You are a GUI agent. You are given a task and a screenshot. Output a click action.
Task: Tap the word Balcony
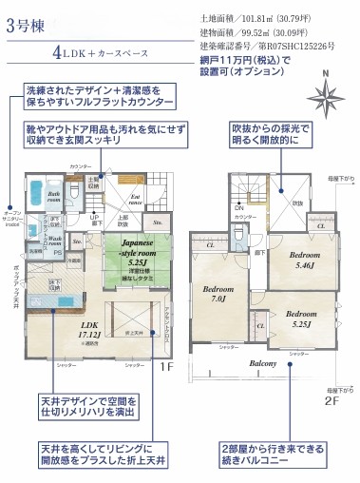(x=263, y=364)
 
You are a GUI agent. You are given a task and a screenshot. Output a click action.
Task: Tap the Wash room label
(x=55, y=242)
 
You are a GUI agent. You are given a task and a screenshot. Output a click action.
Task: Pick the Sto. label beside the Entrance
(x=159, y=224)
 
